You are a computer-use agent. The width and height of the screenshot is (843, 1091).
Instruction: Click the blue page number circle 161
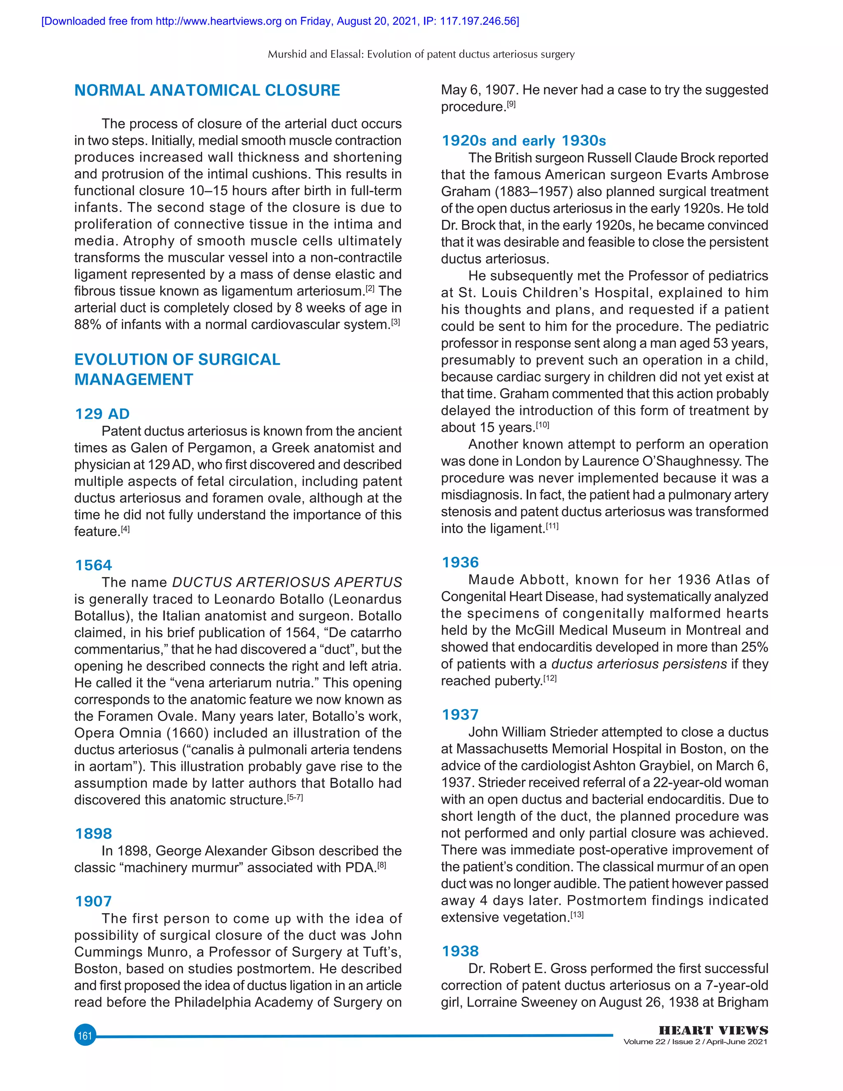[x=85, y=1035]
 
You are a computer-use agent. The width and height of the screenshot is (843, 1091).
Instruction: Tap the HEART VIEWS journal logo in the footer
[x=713, y=1030]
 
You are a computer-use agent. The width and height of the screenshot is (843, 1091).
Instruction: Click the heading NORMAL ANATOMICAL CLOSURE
[x=207, y=91]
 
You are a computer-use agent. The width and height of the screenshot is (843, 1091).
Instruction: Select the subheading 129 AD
[x=102, y=414]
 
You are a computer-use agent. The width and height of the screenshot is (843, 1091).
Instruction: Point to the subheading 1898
[x=93, y=833]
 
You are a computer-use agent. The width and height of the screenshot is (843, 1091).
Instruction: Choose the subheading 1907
[x=93, y=901]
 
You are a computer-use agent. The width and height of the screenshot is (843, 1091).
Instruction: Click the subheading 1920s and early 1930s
[x=524, y=141]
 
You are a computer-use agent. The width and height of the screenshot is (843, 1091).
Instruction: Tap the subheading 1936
[x=460, y=562]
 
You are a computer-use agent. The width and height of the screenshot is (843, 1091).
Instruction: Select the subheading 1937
[x=460, y=714]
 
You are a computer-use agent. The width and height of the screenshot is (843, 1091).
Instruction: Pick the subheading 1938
[x=460, y=951]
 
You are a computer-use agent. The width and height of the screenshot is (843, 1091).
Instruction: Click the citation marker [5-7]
[x=295, y=798]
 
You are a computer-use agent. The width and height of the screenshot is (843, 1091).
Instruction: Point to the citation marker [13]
[x=576, y=915]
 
